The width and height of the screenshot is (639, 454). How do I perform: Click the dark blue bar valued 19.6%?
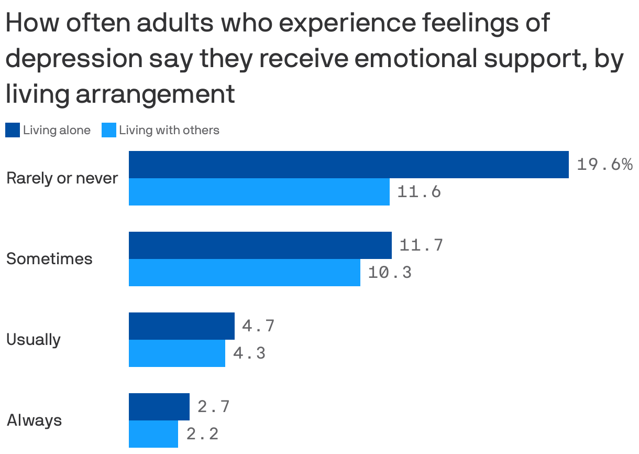pos(348,165)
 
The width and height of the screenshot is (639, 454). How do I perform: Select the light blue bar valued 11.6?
pos(259,192)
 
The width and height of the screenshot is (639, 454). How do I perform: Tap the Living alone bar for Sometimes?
pos(260,245)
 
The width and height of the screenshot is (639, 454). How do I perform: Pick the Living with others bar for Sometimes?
pos(244,273)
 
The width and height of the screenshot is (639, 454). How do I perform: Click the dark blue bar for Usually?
pos(181,326)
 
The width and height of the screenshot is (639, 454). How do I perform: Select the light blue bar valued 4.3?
pos(177,353)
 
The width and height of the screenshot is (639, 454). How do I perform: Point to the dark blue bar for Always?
pos(159,407)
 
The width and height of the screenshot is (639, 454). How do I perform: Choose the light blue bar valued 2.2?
pos(153,434)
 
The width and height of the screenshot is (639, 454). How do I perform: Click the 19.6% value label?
pos(604,165)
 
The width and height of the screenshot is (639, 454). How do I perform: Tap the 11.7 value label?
pos(421,245)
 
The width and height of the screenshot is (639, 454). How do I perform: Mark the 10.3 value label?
pos(390,273)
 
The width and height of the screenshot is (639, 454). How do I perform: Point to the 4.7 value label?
pos(258,326)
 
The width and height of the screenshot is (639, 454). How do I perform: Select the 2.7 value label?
pos(213,406)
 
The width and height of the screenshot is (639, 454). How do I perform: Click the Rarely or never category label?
pos(62,179)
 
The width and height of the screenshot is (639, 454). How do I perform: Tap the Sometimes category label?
pos(49,259)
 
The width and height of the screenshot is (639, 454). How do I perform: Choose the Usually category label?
pos(34,340)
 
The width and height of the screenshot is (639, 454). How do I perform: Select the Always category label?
pos(35,420)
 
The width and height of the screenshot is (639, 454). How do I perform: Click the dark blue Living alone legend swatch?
pos(13,130)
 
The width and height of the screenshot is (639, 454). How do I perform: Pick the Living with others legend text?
pos(169,130)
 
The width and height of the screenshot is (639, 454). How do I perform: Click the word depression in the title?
pos(73,59)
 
